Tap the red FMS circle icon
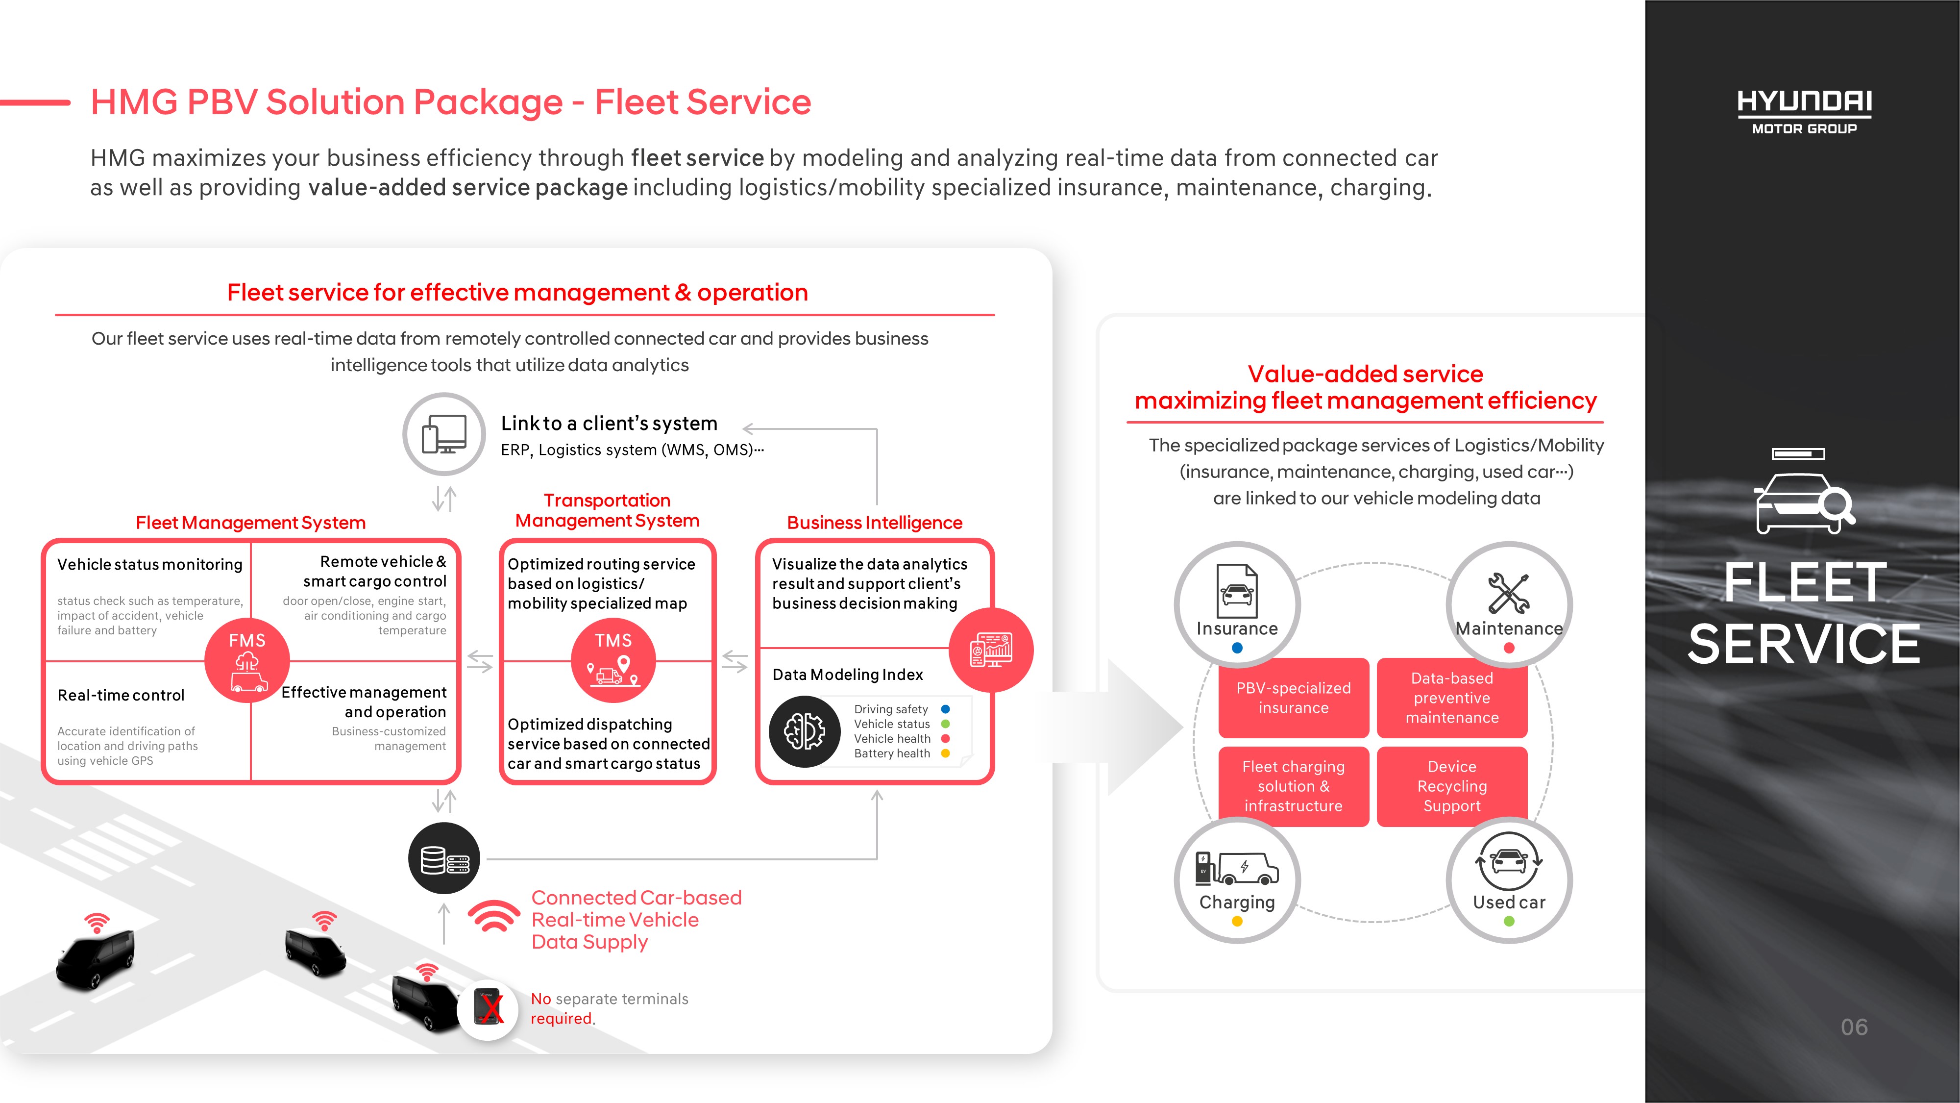(247, 660)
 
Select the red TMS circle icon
(613, 660)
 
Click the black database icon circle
(444, 859)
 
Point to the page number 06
(1854, 1027)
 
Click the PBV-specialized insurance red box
(1294, 698)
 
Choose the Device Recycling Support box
(1452, 786)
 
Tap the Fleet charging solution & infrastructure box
(1294, 786)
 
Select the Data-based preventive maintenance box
(1452, 698)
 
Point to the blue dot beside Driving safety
(946, 709)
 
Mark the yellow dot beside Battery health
(946, 753)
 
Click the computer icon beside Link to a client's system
(444, 434)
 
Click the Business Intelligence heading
(874, 523)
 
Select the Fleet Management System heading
(250, 523)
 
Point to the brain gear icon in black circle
(804, 731)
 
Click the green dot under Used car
(1509, 921)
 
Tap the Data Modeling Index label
(848, 675)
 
